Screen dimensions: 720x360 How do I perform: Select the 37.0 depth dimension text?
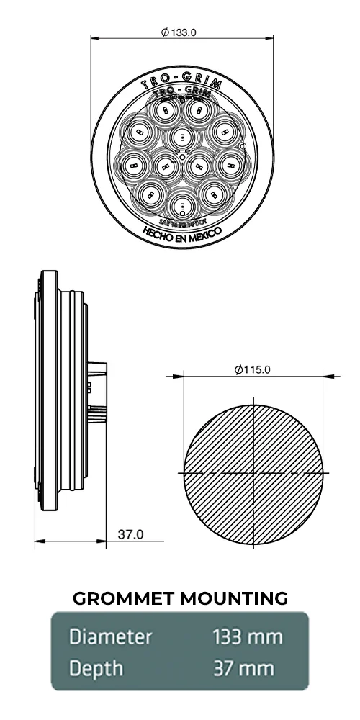[x=130, y=534]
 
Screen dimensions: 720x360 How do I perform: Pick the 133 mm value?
[x=247, y=637]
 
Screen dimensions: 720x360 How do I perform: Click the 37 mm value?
[x=243, y=669]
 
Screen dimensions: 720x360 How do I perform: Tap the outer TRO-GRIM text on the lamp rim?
[x=181, y=81]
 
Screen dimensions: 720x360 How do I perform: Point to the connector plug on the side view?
[x=98, y=392]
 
